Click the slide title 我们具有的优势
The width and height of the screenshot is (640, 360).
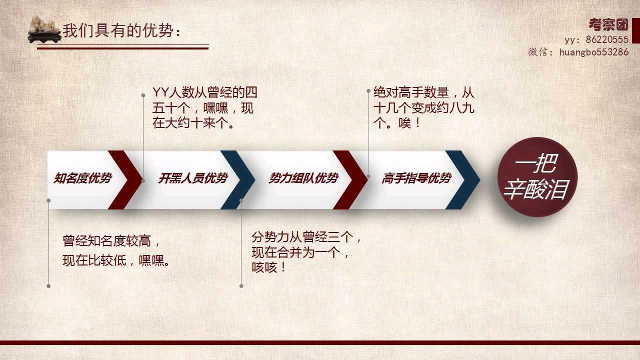point(121,30)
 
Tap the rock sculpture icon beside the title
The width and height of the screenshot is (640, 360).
point(45,29)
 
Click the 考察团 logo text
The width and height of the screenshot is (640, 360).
point(608,25)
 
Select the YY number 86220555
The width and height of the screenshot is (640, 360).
point(607,39)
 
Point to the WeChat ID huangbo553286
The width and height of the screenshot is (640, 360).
point(594,52)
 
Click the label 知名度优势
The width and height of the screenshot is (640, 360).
point(82,178)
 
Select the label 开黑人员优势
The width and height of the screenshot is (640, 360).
point(193,178)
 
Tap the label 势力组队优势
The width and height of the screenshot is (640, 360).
point(303,178)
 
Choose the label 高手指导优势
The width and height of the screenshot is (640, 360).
point(416,178)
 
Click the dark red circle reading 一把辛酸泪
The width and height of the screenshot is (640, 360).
point(537,177)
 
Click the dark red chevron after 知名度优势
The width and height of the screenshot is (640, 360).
point(125,180)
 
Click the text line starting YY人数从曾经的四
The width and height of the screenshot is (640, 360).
point(205,92)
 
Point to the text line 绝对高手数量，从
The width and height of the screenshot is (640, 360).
point(424,92)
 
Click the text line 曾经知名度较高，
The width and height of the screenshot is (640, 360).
point(111,240)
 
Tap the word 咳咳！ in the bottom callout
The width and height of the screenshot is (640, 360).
point(268,267)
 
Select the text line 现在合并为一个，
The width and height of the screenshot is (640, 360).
point(300,252)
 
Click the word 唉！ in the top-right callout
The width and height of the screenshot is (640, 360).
point(409,123)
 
